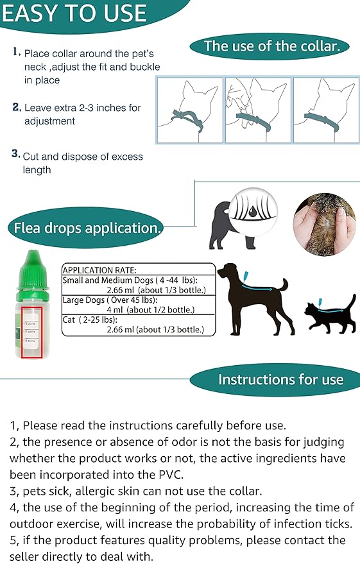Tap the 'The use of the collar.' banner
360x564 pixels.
tap(276, 46)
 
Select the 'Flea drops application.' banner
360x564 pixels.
tap(85, 228)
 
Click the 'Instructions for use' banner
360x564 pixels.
tap(280, 379)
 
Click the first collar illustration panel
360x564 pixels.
tap(190, 110)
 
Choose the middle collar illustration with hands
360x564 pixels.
tap(257, 110)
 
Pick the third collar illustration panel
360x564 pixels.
tap(325, 110)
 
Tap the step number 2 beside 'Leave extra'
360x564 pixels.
tap(16, 107)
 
